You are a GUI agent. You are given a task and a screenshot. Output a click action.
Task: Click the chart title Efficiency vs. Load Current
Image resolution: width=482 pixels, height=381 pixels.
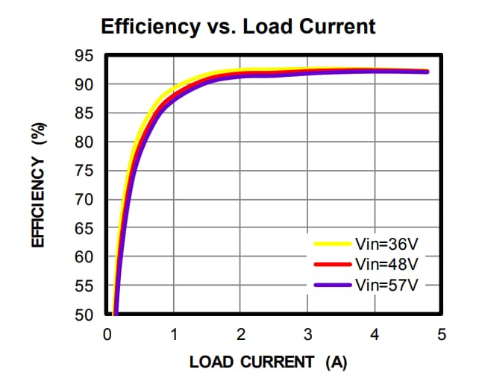(x=238, y=27)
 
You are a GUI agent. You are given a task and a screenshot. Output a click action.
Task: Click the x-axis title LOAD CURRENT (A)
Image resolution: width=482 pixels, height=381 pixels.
(x=268, y=362)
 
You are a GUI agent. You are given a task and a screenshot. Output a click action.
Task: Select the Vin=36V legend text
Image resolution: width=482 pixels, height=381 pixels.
(x=386, y=244)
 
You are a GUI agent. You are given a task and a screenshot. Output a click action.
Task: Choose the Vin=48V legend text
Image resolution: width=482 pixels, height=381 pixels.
(x=386, y=264)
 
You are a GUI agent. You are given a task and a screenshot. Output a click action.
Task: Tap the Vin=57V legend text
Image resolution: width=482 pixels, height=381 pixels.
(x=386, y=284)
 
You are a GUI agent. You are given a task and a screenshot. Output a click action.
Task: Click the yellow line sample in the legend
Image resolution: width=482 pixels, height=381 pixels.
(x=332, y=244)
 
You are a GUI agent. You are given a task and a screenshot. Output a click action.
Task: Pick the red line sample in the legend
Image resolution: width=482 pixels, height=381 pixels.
(x=332, y=264)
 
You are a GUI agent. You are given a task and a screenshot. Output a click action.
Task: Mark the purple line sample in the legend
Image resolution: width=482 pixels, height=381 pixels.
(x=332, y=284)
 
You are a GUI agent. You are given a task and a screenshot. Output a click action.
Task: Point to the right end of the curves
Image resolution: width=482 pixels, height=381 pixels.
(x=428, y=72)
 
